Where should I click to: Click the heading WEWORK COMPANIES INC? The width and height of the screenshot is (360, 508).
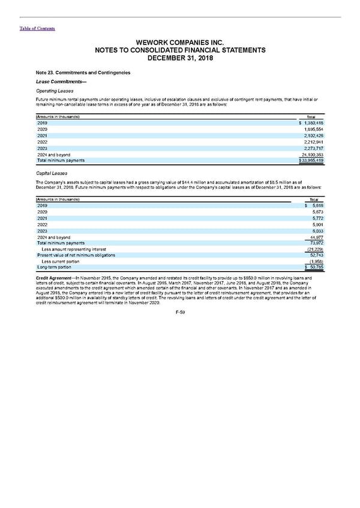(x=179, y=43)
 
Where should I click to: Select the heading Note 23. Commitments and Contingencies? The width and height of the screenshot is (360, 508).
(x=83, y=73)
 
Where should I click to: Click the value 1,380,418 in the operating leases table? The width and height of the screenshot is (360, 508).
(x=311, y=122)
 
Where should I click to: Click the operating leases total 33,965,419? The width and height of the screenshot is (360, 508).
(x=310, y=161)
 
